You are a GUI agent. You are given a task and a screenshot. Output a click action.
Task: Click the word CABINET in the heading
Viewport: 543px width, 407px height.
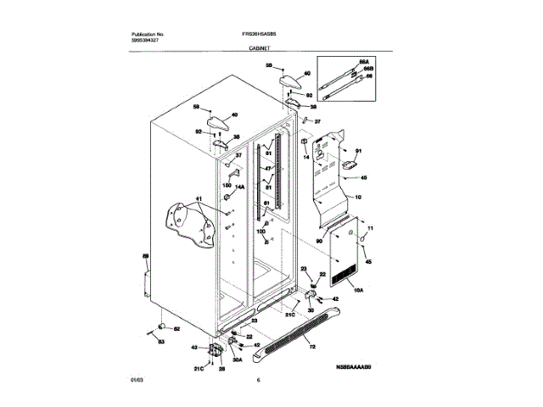point(261,50)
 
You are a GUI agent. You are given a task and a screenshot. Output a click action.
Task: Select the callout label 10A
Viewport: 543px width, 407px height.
point(356,292)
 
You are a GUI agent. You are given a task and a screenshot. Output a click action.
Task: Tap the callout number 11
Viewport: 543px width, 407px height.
point(369,230)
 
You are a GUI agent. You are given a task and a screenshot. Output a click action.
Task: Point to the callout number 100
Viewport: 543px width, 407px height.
point(260,231)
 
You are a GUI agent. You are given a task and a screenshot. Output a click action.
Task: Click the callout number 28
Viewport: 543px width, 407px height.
point(222,369)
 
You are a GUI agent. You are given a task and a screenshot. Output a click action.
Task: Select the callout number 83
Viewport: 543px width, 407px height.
point(160,341)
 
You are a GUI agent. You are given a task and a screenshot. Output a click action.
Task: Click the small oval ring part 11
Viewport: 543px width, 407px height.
point(363,242)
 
